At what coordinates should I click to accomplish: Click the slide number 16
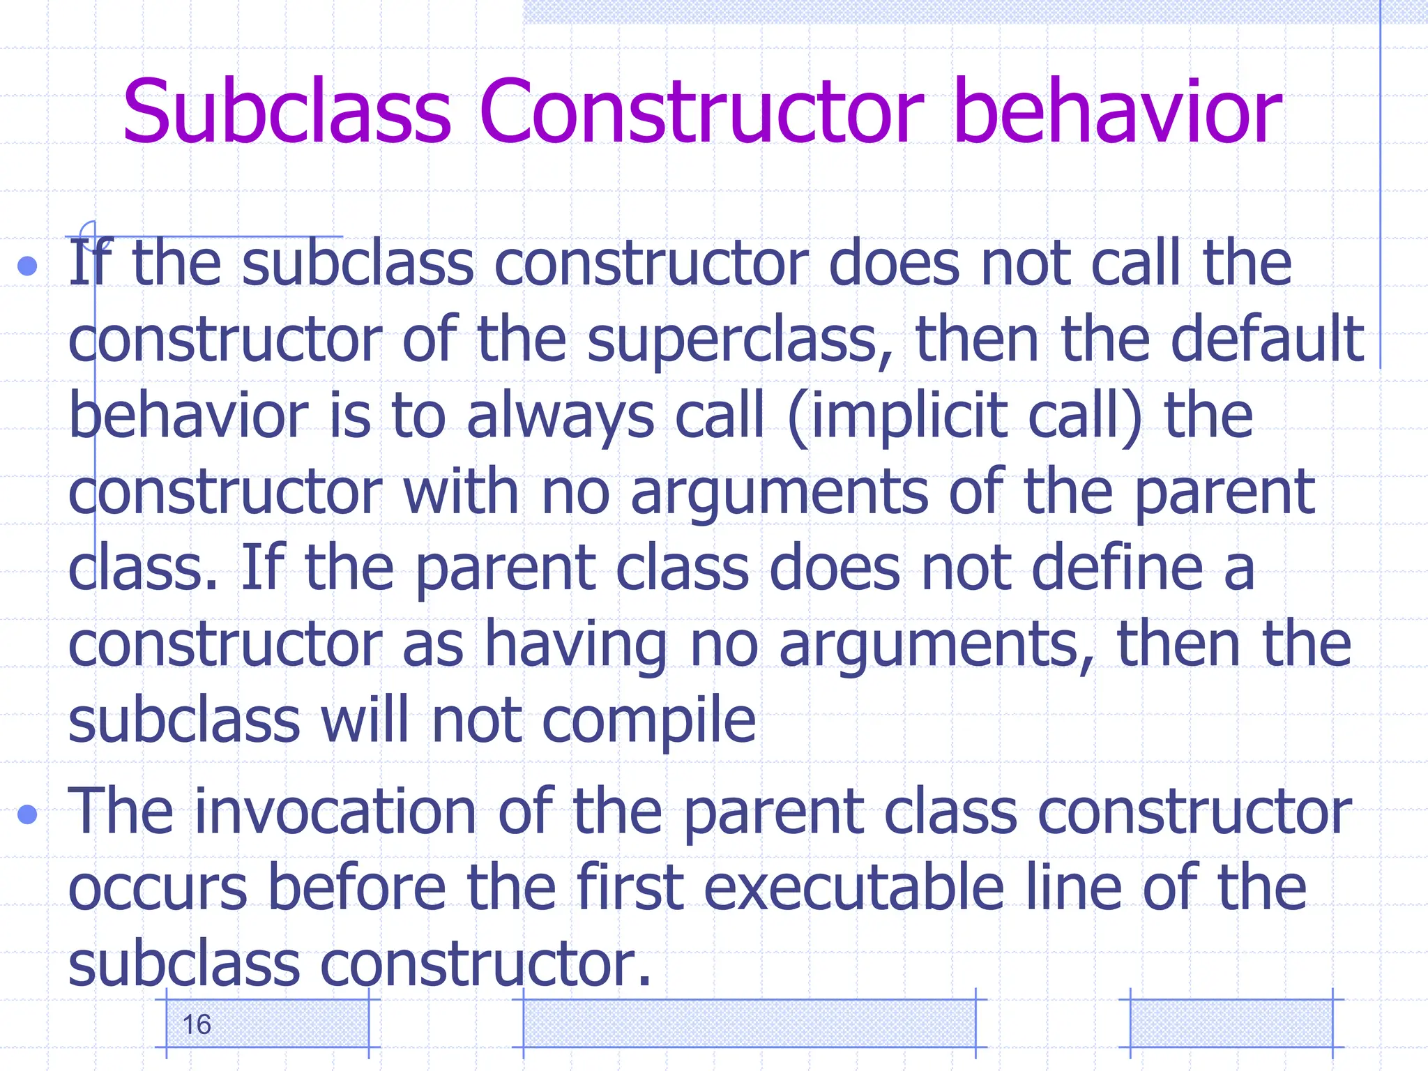(197, 1025)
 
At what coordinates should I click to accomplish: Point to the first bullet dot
(28, 266)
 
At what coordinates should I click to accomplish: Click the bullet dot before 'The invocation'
(28, 814)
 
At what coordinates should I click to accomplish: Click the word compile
(649, 722)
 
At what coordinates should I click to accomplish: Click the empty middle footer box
(750, 1024)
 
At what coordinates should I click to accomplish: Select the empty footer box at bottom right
(1231, 1024)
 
